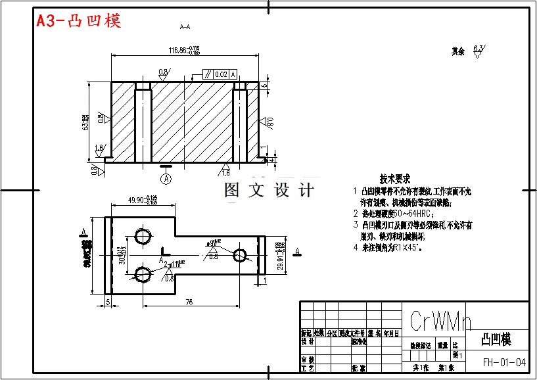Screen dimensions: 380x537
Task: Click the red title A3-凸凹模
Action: [x=78, y=21]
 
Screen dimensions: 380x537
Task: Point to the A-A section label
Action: [x=185, y=27]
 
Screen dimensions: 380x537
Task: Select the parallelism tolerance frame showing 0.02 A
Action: [x=220, y=74]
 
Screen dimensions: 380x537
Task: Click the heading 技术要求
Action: [x=395, y=178]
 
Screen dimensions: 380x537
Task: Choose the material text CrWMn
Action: [x=440, y=321]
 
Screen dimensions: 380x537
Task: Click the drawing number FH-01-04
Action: [x=504, y=362]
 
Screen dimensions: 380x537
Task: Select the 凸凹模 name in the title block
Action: [x=496, y=339]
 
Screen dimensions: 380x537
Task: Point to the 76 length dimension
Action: [x=188, y=302]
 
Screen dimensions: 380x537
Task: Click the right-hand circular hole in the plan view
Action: [x=240, y=254]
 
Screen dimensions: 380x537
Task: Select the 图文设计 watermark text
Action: [x=269, y=190]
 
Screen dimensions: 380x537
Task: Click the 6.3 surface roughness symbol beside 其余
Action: [x=479, y=49]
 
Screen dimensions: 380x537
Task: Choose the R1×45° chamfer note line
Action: [x=390, y=248]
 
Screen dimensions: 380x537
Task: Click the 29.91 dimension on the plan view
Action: [x=279, y=256]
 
